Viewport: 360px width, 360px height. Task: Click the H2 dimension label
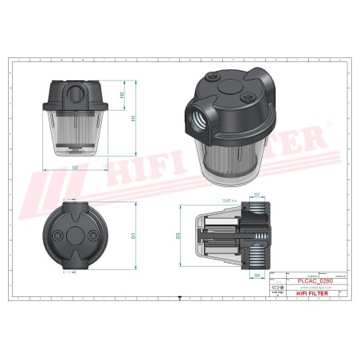coord(122,96)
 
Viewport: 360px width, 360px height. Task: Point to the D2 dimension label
coord(74,168)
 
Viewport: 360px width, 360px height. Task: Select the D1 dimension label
coord(133,235)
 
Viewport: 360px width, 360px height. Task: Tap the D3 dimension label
coord(178,235)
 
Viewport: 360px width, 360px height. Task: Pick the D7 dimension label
coord(257,195)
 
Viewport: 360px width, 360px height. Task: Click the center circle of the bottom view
coord(76,237)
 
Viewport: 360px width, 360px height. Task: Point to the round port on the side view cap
coord(74,92)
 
